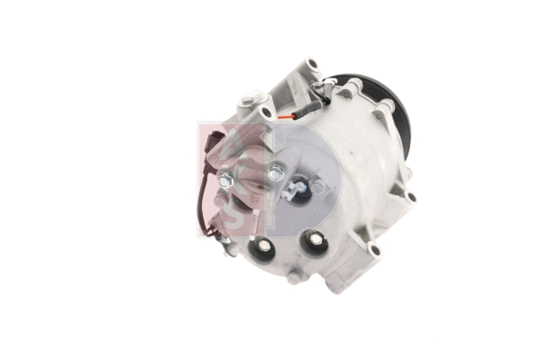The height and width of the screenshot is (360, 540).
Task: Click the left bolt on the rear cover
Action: click(226, 181)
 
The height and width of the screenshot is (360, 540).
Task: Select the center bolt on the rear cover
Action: click(275, 171)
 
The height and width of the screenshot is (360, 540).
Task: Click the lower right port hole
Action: click(315, 239)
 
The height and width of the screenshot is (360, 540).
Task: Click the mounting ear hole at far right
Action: click(411, 197)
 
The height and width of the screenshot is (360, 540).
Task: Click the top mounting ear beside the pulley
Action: click(310, 65)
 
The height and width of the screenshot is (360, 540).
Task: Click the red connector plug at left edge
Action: click(211, 149)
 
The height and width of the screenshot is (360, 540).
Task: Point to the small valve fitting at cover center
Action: click(295, 188)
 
